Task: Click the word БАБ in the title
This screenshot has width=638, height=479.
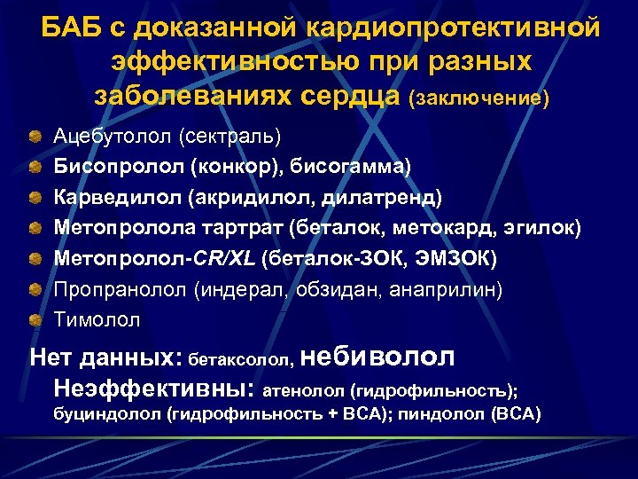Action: (x=71, y=28)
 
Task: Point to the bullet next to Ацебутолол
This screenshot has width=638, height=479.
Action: (x=34, y=136)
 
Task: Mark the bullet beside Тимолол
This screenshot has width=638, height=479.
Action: (x=34, y=318)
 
